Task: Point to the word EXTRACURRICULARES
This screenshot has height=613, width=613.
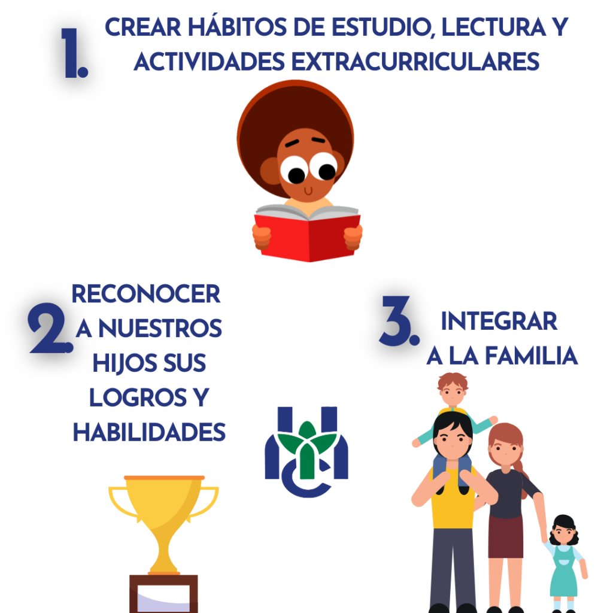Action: click(415, 62)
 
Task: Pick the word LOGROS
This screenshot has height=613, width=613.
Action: click(138, 397)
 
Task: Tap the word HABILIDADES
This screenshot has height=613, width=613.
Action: click(149, 432)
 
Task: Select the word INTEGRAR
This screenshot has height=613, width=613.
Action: click(499, 321)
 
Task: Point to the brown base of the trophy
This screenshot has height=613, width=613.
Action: click(163, 593)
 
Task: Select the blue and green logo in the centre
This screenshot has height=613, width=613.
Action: click(306, 452)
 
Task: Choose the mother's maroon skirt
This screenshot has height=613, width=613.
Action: click(505, 536)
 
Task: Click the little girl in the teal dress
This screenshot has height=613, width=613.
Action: click(564, 563)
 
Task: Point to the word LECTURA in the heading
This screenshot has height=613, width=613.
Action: click(493, 28)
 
